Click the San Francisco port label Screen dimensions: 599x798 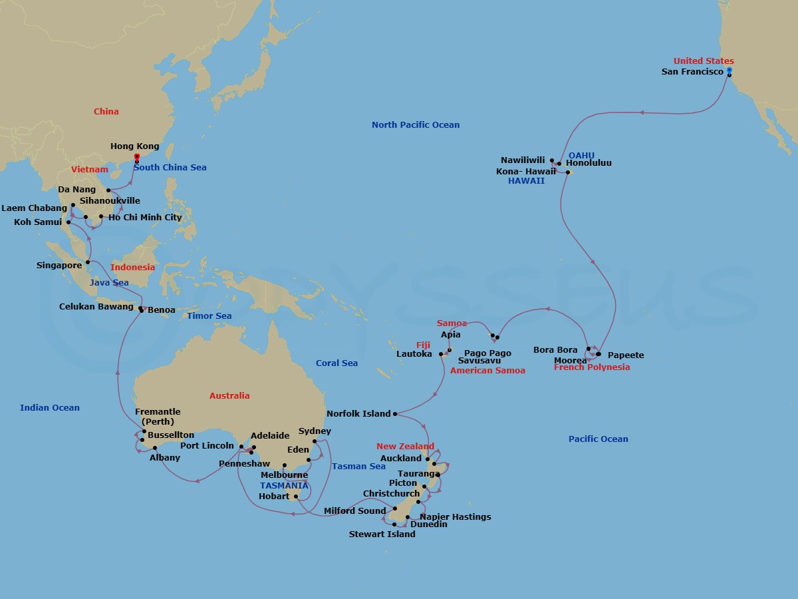[692, 72]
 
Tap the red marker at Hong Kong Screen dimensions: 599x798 [136, 157]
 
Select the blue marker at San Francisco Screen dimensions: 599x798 [729, 70]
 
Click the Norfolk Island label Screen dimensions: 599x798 [358, 414]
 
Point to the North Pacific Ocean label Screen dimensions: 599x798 [415, 125]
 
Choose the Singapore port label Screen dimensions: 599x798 [59, 266]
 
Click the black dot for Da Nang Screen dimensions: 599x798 [108, 190]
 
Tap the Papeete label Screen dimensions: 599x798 [626, 355]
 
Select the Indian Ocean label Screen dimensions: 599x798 [50, 408]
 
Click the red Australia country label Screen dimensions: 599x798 [229, 396]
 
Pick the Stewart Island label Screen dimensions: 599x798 [382, 534]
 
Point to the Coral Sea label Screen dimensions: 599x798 [336, 363]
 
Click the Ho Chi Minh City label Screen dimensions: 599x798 [145, 218]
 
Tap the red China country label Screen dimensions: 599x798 [106, 112]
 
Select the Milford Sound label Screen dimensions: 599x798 [354, 511]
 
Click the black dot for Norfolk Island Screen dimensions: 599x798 [395, 414]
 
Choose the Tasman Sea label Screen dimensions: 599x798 [358, 467]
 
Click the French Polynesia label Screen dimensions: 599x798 [592, 367]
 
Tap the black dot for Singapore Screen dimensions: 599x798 [88, 262]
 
